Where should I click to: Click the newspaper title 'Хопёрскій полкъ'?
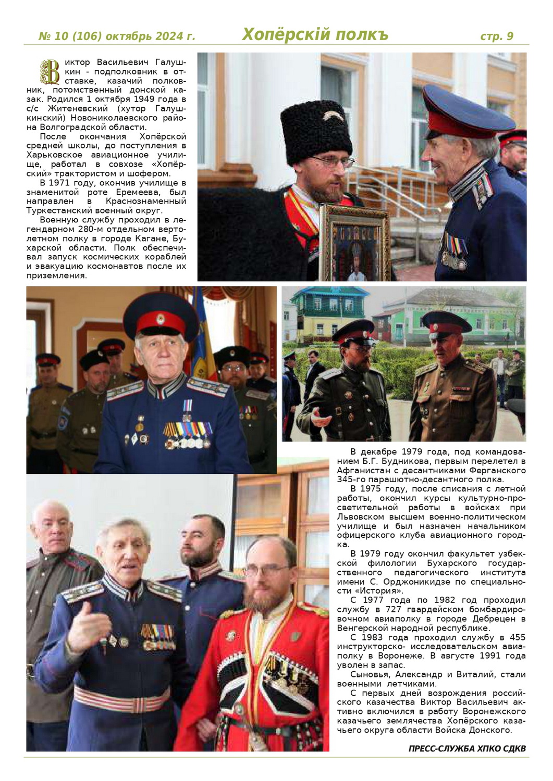point(315,34)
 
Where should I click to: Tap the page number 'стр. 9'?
point(496,36)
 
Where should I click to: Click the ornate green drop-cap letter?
point(50,72)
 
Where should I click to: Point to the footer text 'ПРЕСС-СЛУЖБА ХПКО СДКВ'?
point(467,749)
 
